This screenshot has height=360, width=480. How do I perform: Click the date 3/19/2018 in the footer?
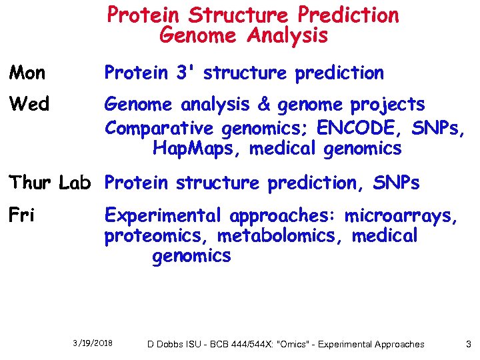93,343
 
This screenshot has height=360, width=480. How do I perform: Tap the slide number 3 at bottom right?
469,344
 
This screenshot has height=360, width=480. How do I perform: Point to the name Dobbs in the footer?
171,344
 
